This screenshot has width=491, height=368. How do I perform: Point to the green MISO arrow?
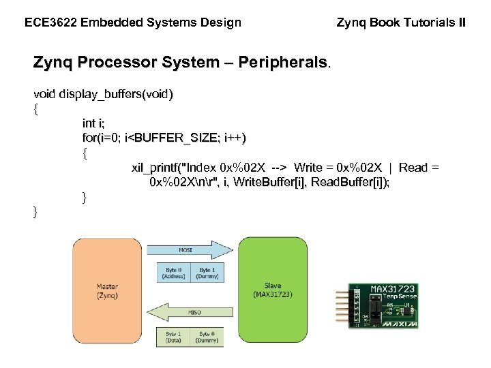[191, 312]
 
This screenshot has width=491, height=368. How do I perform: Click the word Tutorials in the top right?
[430, 22]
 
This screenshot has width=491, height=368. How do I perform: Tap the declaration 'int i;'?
[93, 123]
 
